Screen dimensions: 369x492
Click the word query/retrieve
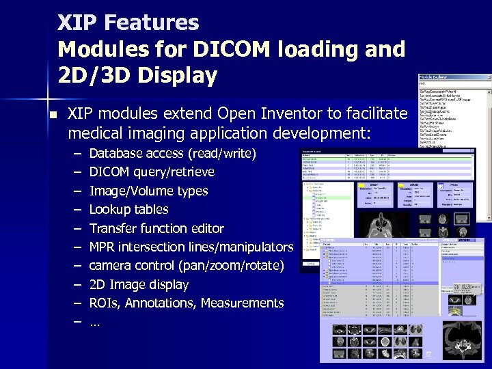coord(174,172)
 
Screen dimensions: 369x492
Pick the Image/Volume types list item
coord(148,191)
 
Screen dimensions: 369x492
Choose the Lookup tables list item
coord(128,209)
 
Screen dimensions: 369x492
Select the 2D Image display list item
coord(139,284)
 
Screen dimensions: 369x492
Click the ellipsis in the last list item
coord(94,323)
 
